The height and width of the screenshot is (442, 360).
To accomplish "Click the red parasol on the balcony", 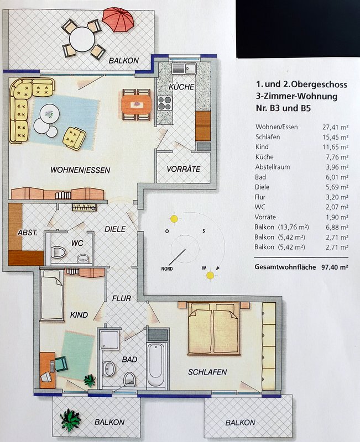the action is [118, 19].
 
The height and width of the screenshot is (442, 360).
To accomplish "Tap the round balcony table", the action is [82, 39].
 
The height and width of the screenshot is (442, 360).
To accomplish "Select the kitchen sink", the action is [184, 69].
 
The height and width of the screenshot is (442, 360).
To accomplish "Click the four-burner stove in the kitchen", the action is [165, 103].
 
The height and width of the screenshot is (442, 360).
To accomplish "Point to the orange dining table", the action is [136, 104].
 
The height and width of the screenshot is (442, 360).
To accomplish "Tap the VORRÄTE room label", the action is [184, 169].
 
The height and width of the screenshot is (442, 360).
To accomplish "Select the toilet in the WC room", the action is [59, 252].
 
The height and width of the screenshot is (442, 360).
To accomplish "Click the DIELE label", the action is [115, 229].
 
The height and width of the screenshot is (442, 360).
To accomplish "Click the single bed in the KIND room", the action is [51, 294].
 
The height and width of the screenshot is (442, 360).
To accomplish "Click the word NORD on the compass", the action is [167, 269].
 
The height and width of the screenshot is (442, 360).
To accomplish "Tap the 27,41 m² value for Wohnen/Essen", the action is [335, 127].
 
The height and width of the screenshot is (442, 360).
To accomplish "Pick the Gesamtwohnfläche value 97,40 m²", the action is [335, 267].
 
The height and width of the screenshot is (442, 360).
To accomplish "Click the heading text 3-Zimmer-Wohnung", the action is [296, 96].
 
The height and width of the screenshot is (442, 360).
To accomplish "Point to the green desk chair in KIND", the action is [61, 364].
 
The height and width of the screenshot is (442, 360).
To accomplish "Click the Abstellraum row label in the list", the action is [273, 167].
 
